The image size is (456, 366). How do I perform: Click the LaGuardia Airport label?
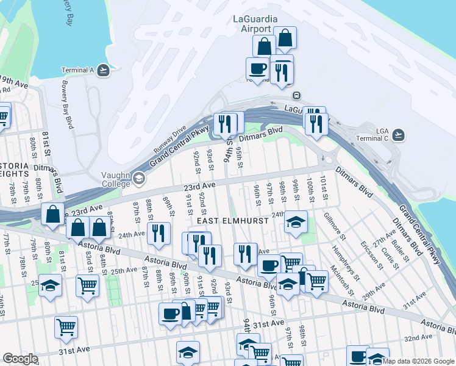[x=252, y=24]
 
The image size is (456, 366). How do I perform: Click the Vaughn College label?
[x=115, y=178]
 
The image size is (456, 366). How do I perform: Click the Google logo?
[x=20, y=359]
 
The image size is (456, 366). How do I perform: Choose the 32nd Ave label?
[x=418, y=338]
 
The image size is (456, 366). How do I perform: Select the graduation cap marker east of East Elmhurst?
[x=296, y=223]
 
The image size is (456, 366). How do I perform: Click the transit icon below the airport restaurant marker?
[x=296, y=95]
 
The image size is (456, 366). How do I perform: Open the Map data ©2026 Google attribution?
[x=418, y=361]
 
